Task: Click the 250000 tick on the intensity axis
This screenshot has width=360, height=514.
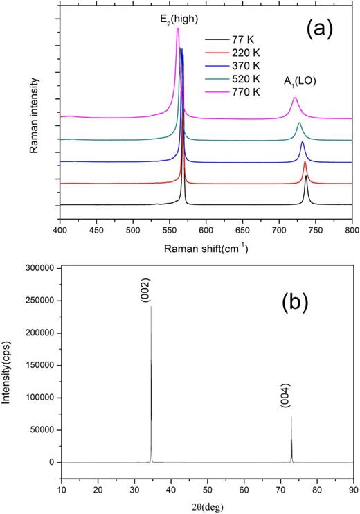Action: coord(39,301)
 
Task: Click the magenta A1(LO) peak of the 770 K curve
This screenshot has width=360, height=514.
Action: coord(295,98)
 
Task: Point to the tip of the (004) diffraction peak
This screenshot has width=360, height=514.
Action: coord(291,416)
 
